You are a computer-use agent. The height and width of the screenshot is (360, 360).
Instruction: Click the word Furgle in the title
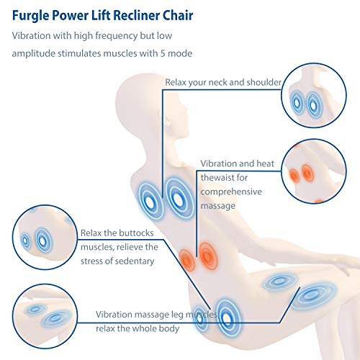click(x=30, y=16)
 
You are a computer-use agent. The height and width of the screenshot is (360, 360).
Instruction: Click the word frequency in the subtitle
click(x=116, y=36)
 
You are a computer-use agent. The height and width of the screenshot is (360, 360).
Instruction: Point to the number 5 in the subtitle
click(x=163, y=53)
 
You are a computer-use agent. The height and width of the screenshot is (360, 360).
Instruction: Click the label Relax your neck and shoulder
click(x=223, y=82)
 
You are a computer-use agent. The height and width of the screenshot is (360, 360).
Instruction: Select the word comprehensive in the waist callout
click(x=231, y=192)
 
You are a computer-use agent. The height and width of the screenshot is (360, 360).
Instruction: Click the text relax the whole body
click(x=138, y=328)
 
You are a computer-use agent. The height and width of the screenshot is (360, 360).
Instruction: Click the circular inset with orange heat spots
click(x=314, y=171)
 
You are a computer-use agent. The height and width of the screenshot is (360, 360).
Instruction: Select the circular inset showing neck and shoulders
click(x=314, y=95)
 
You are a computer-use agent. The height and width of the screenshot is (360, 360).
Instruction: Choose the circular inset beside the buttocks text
click(x=45, y=237)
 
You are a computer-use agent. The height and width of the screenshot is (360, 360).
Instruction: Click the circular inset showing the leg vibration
click(x=45, y=316)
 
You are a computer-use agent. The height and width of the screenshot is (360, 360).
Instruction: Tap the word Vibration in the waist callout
click(x=218, y=163)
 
